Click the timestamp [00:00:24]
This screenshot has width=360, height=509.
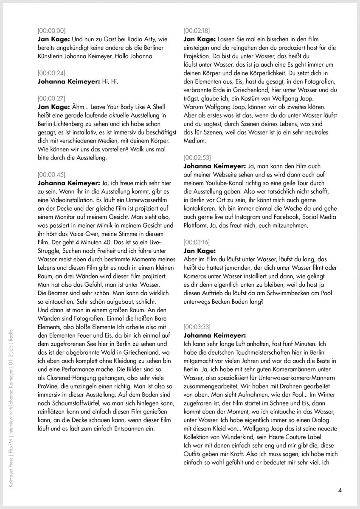point(51,73)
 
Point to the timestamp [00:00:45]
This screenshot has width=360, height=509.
point(51,174)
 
